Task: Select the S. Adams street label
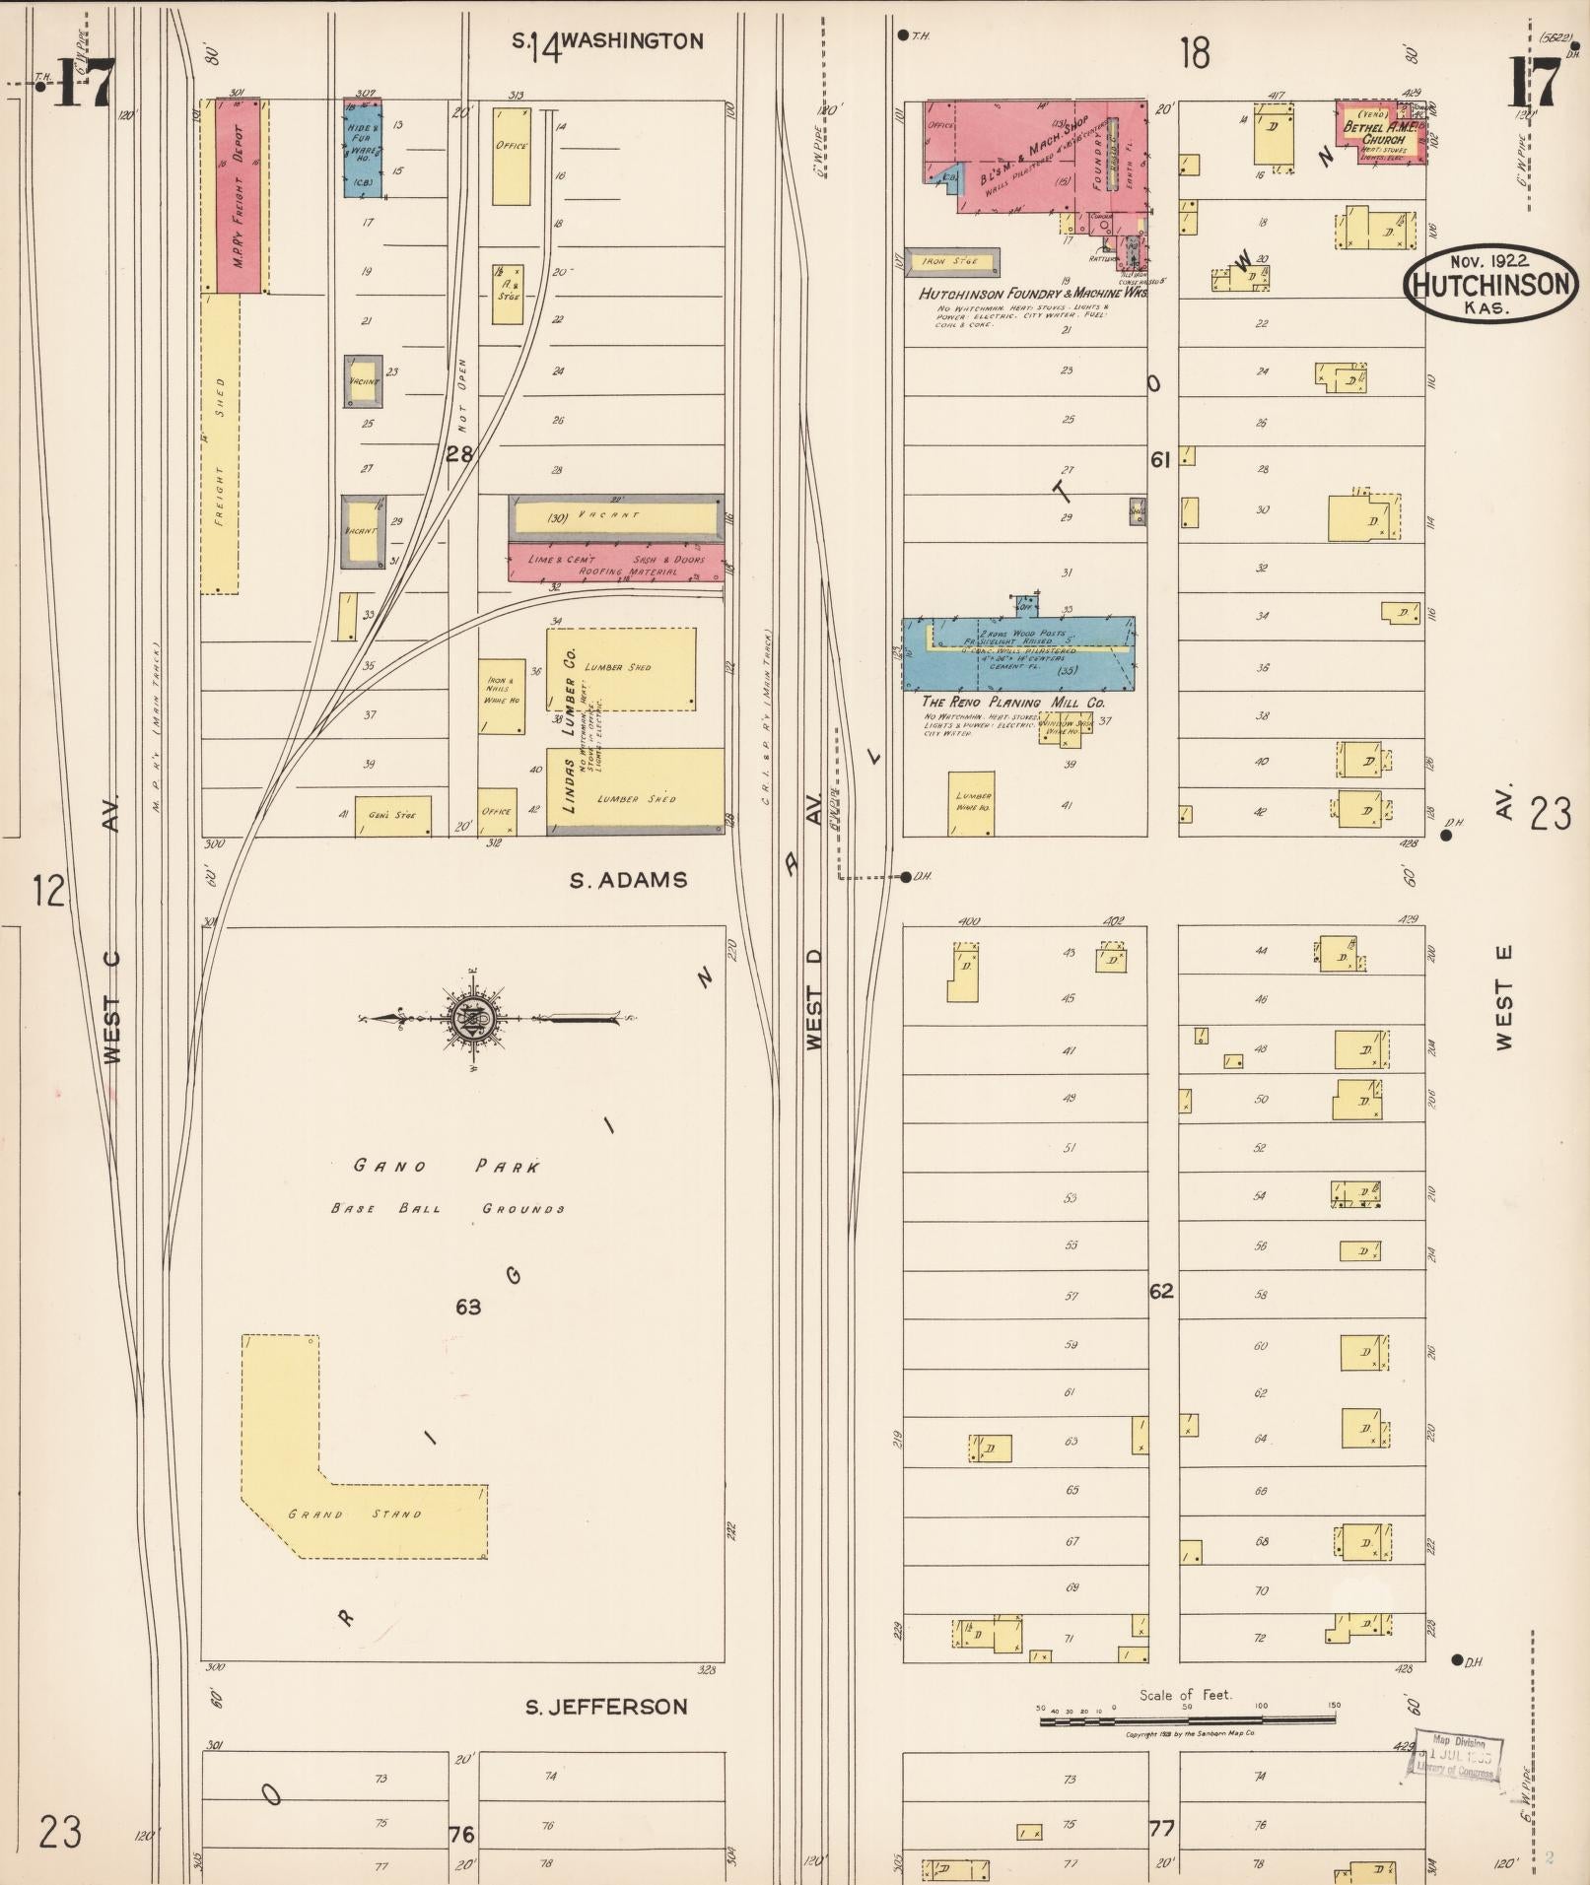tap(628, 880)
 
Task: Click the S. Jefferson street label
tap(605, 1707)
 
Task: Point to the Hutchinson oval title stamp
tap(1489, 284)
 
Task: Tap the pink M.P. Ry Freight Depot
tap(237, 195)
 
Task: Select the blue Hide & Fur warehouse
tap(362, 148)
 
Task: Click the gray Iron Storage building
tap(952, 261)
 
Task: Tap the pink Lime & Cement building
tap(615, 564)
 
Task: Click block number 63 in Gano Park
tap(468, 1307)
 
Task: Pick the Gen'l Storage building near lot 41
tap(392, 816)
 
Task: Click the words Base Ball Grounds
tap(447, 1208)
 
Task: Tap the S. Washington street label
tap(606, 41)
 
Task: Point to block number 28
tap(459, 454)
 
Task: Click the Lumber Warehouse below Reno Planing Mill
tap(971, 802)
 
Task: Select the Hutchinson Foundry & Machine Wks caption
tap(1032, 294)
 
